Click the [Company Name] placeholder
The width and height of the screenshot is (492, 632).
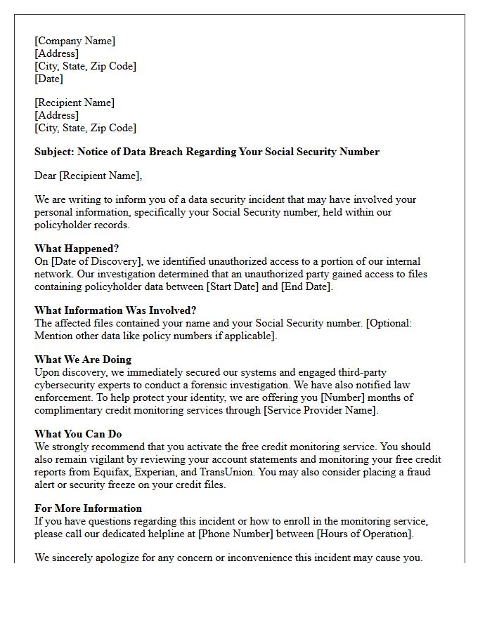click(75, 41)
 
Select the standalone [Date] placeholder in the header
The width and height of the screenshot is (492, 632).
click(48, 79)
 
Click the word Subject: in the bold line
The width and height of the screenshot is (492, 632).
click(54, 152)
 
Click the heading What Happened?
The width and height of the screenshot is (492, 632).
click(77, 249)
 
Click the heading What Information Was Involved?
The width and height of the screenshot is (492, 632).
click(115, 310)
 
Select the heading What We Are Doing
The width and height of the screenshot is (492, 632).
click(83, 360)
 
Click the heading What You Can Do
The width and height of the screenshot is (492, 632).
click(78, 434)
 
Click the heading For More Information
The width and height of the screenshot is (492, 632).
click(88, 508)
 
